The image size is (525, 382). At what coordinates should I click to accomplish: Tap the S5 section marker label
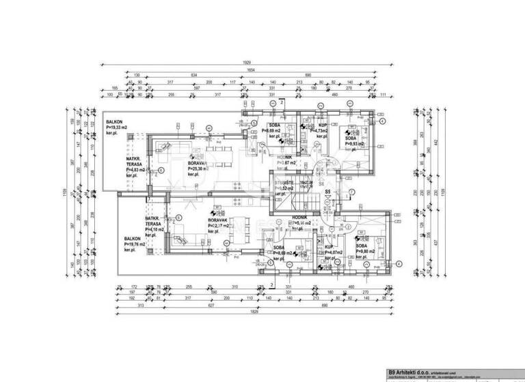click(328, 192)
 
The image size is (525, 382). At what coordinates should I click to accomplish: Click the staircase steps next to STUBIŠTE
click(299, 201)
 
